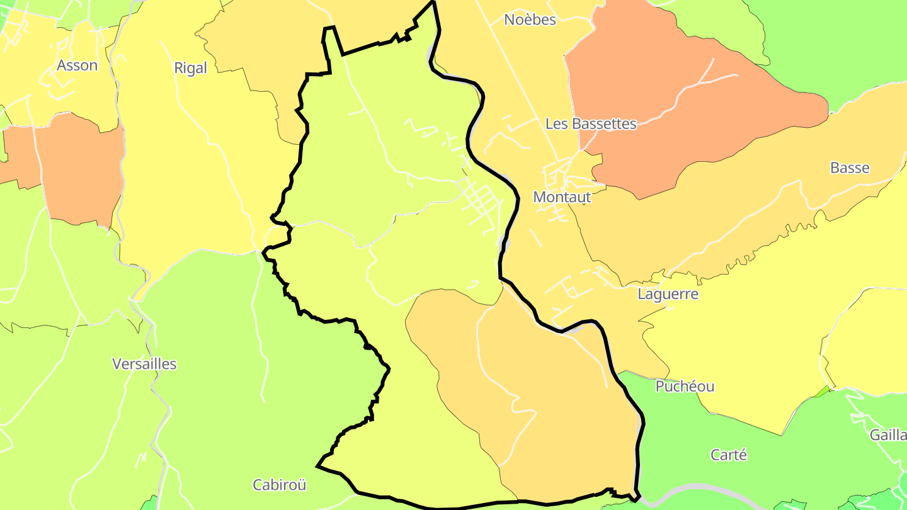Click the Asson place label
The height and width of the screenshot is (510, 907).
click(x=77, y=65)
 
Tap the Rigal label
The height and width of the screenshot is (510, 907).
click(x=190, y=68)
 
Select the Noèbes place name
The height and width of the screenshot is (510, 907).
click(x=530, y=20)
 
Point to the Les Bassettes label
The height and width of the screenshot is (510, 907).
click(x=591, y=123)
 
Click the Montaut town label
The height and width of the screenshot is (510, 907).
click(x=562, y=197)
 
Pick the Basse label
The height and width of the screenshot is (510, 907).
click(x=849, y=168)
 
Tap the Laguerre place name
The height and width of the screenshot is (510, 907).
click(x=668, y=294)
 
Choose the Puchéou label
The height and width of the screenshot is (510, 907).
click(x=685, y=387)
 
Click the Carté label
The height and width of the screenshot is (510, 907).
click(x=728, y=455)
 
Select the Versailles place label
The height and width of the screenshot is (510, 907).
click(x=144, y=364)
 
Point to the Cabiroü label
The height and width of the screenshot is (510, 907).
click(x=279, y=485)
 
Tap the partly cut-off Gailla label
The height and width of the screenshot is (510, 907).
click(x=888, y=435)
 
